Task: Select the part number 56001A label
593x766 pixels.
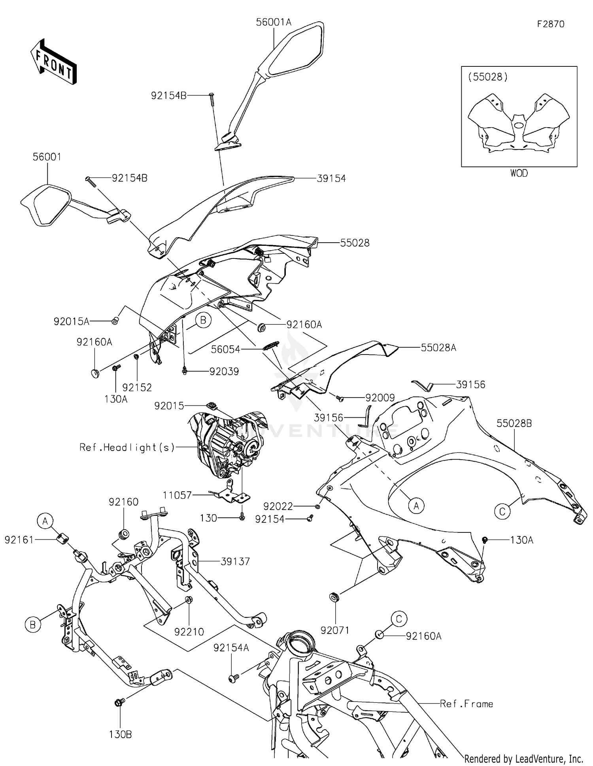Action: click(273, 22)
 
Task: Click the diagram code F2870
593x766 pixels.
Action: click(550, 24)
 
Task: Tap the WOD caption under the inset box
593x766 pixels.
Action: click(519, 173)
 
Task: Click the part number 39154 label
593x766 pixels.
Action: click(331, 179)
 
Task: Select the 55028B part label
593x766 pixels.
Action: click(514, 423)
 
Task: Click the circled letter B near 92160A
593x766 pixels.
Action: click(203, 320)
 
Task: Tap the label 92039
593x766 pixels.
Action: click(224, 372)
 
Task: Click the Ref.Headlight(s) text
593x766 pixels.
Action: click(127, 447)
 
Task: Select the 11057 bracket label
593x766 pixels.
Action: click(177, 495)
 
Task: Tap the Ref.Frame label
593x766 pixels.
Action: click(466, 704)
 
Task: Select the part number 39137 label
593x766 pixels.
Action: click(235, 561)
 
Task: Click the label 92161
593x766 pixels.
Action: click(19, 540)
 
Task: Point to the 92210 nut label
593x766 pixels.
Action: click(189, 632)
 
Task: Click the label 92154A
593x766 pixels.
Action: click(231, 648)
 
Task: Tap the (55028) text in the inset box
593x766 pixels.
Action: click(488, 77)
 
